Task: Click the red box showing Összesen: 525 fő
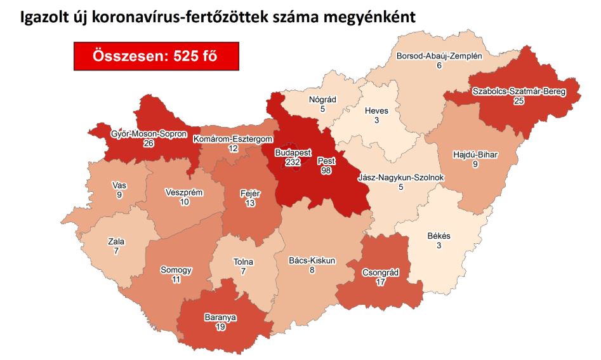pyautogui.click(x=156, y=56)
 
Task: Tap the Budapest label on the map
pyautogui.click(x=292, y=153)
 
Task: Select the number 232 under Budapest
pyautogui.click(x=292, y=163)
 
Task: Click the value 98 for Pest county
pyautogui.click(x=326, y=171)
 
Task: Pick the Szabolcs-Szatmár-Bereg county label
pyautogui.click(x=518, y=92)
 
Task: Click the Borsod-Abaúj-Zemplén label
pyautogui.click(x=439, y=56)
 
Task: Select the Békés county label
pyautogui.click(x=438, y=236)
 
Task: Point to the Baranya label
pyautogui.click(x=220, y=317)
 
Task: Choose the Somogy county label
pyautogui.click(x=176, y=270)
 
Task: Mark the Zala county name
pyautogui.click(x=116, y=241)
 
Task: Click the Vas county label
pyautogui.click(x=119, y=185)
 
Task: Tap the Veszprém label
pyautogui.click(x=185, y=192)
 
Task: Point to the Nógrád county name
pyautogui.click(x=322, y=100)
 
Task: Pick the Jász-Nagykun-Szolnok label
pyautogui.click(x=401, y=178)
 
